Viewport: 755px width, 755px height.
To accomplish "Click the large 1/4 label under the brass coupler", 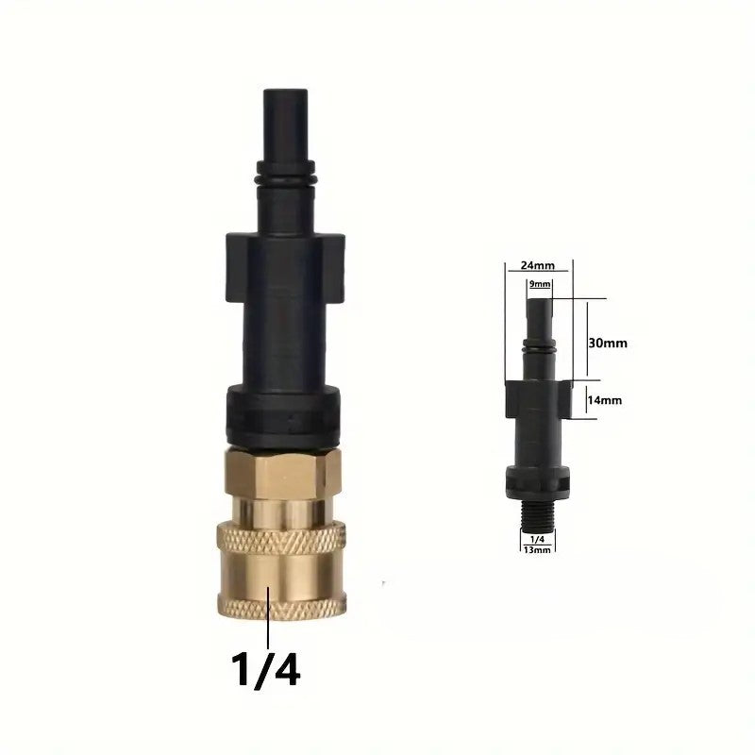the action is (266, 668).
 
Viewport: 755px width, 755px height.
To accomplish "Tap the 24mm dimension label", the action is (538, 265).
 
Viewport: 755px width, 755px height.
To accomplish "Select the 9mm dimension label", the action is (540, 284).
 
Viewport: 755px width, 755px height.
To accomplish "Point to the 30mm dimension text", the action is (608, 344).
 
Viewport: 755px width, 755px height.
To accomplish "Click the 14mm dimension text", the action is (604, 400).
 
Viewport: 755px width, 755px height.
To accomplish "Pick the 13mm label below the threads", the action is (537, 549).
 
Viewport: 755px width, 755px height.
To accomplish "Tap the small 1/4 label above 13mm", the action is (537, 540).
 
